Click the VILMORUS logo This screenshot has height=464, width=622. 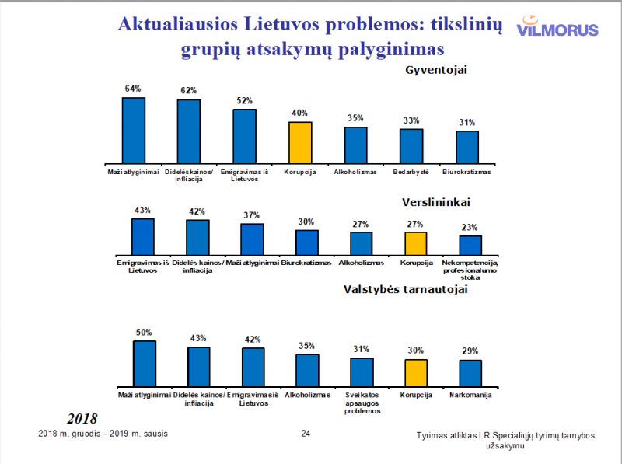pyautogui.click(x=557, y=28)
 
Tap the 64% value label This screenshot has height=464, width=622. pyautogui.click(x=133, y=89)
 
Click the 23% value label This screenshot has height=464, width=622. pyautogui.click(x=470, y=227)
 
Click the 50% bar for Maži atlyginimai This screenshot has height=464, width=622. pyautogui.click(x=145, y=363)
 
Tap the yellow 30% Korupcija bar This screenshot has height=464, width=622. pyautogui.click(x=416, y=372)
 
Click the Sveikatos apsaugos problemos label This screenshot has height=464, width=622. pyautogui.click(x=363, y=403)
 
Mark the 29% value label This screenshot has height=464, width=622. pyautogui.click(x=470, y=351)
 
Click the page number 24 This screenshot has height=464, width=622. pyautogui.click(x=306, y=433)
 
